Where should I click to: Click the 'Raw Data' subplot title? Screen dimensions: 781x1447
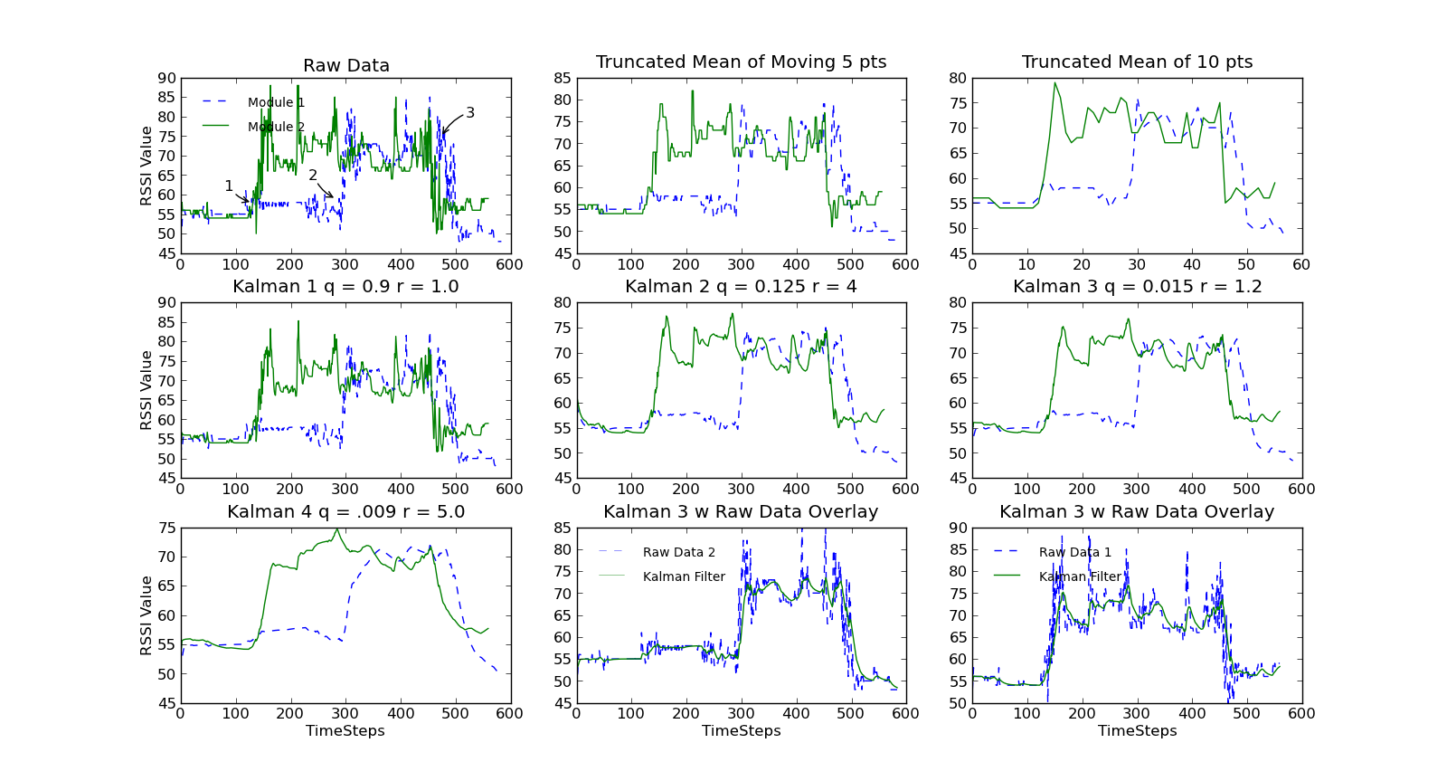coord(345,66)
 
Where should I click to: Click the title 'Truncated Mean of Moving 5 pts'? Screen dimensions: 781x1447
coord(741,62)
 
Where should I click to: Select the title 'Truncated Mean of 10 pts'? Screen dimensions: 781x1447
coord(1137,62)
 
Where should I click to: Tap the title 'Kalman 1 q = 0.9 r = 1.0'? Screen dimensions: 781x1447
coord(345,287)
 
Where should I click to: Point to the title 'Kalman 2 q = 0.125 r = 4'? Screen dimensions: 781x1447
coord(741,287)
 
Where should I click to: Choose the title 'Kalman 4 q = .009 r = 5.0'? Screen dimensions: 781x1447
coord(345,512)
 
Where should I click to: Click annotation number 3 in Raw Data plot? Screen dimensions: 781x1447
coord(470,113)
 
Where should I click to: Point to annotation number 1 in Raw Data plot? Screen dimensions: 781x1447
coord(229,186)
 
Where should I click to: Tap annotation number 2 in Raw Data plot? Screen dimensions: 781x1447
coord(313,176)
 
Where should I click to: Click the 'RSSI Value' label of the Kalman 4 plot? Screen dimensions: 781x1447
coord(147,615)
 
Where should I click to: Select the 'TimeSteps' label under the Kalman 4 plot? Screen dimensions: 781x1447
coord(345,731)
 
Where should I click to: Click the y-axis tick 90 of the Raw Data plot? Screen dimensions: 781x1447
coord(166,79)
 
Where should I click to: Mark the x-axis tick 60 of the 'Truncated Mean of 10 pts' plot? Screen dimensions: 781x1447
coord(1301,265)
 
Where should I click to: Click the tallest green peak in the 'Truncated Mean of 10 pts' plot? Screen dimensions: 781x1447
coord(1055,83)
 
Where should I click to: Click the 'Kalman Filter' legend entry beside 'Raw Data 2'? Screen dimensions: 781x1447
coord(683,577)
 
